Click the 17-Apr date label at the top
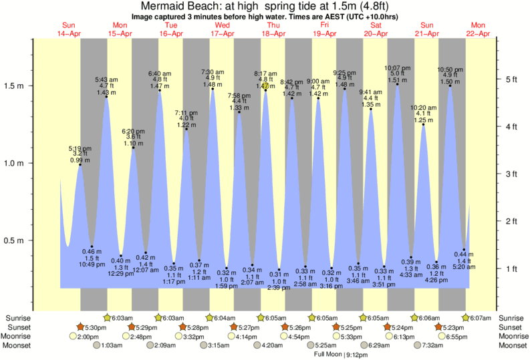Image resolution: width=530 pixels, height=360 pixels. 222,33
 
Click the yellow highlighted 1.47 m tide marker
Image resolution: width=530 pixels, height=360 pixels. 265,86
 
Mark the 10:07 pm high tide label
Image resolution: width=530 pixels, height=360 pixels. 397,67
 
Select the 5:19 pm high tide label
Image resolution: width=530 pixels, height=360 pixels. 80,148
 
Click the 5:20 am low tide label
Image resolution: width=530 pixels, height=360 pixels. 465,266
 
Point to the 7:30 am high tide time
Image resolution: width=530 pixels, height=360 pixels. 213,71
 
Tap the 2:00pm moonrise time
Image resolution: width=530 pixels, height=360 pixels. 88,337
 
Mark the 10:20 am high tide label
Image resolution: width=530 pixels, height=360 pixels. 423,107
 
